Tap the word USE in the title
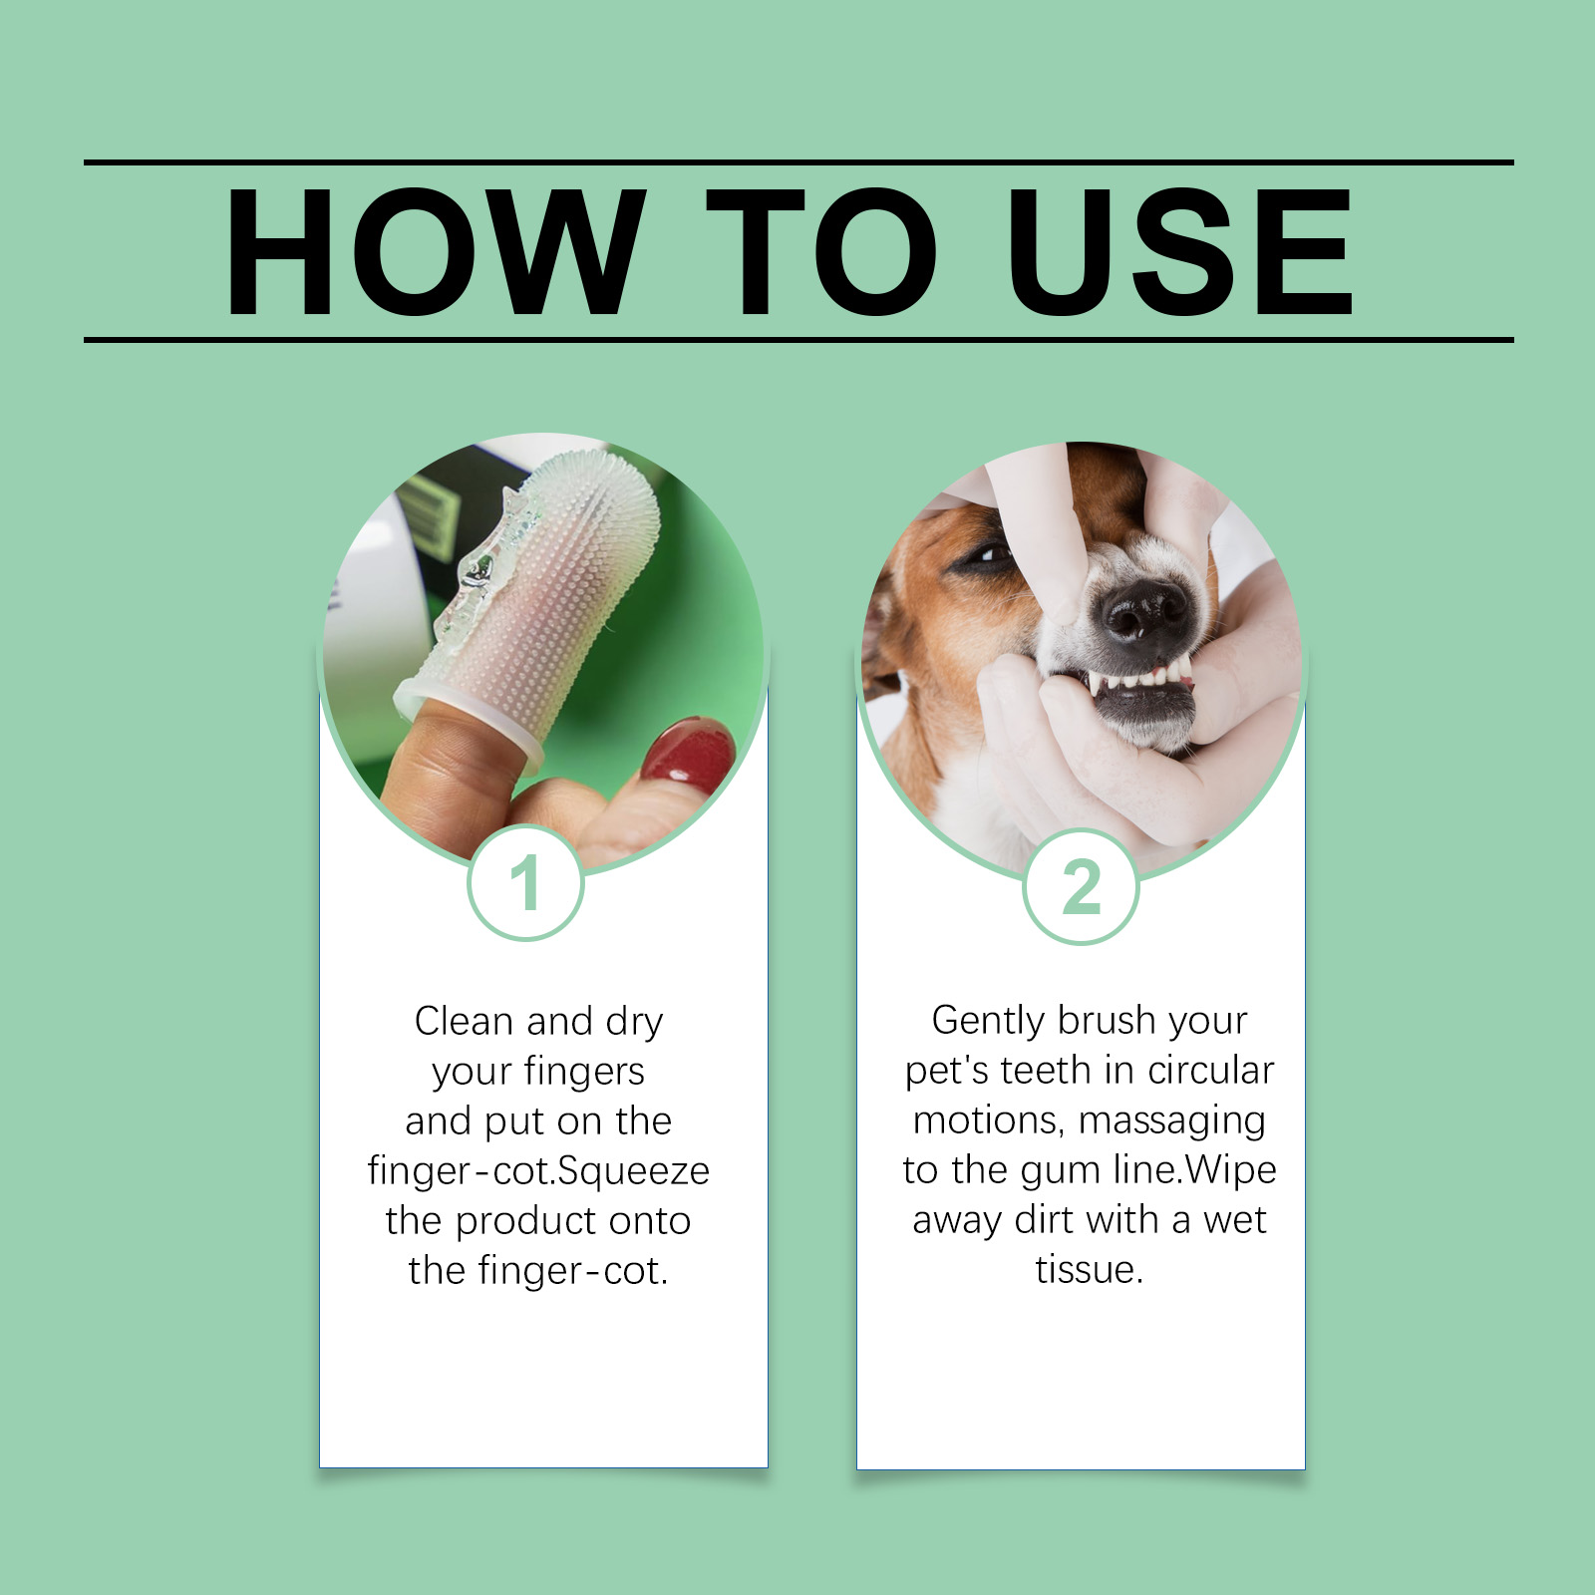click(x=1179, y=251)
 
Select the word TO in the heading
click(x=821, y=251)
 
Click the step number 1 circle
click(x=525, y=882)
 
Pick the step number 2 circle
click(x=1081, y=886)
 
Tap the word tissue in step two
click(x=1090, y=1270)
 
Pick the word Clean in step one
click(x=464, y=1022)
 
